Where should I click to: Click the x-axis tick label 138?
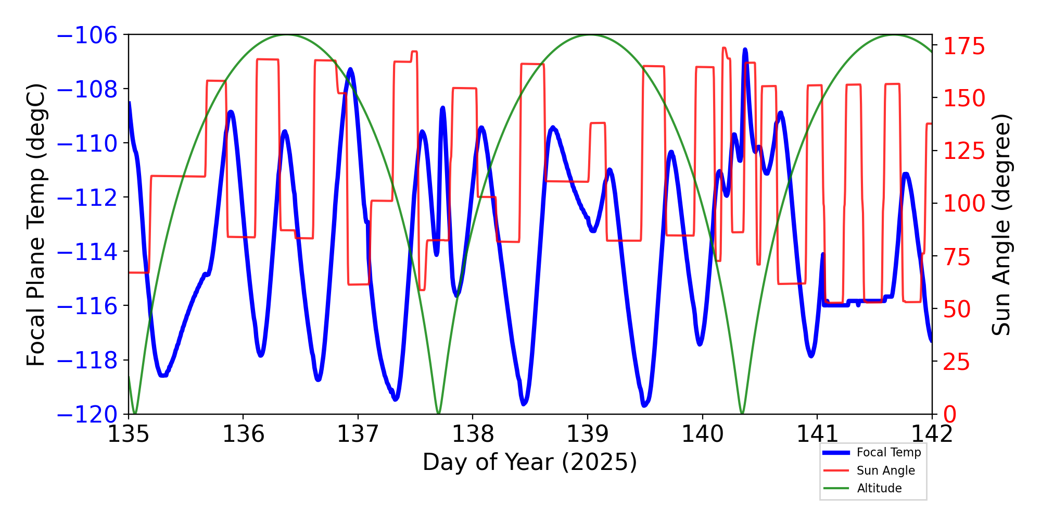point(473,433)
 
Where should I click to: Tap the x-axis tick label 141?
point(817,433)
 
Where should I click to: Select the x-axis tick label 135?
point(129,433)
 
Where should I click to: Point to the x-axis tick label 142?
point(932,433)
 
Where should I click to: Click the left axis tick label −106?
point(87,35)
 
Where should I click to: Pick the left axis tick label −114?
point(87,252)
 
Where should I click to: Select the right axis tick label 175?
point(964,47)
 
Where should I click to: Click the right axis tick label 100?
point(964,204)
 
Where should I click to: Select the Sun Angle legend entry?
point(885,470)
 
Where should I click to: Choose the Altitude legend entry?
point(879,488)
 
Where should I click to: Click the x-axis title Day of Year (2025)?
point(530,462)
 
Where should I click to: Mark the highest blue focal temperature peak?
point(745,50)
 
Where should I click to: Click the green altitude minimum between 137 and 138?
point(438,413)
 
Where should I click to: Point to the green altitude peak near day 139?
point(590,35)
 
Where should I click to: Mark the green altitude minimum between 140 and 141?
point(742,413)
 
